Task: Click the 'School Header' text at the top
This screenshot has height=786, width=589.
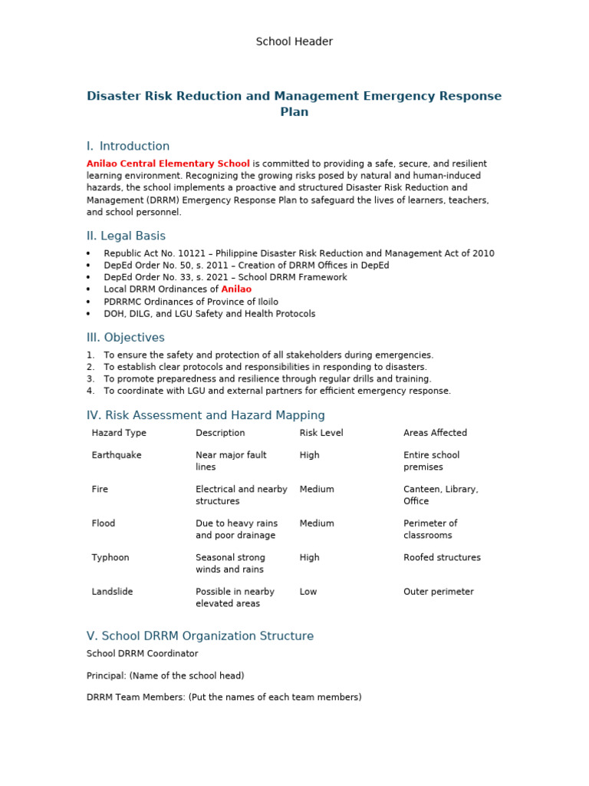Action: pyautogui.click(x=294, y=41)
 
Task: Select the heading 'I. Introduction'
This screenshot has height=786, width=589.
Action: pyautogui.click(x=128, y=146)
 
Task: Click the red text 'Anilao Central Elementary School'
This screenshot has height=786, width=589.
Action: pyautogui.click(x=168, y=163)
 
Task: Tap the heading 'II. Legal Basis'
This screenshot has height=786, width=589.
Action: pyautogui.click(x=126, y=236)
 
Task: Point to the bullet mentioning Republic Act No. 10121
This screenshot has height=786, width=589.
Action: pyautogui.click(x=299, y=253)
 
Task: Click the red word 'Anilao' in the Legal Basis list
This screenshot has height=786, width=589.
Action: pyautogui.click(x=236, y=289)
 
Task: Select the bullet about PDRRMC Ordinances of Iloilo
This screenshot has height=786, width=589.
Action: pyautogui.click(x=191, y=302)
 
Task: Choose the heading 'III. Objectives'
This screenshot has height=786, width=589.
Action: pyautogui.click(x=126, y=337)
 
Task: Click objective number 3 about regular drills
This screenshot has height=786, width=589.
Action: pyautogui.click(x=268, y=378)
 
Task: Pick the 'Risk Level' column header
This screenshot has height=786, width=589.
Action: pyautogui.click(x=321, y=433)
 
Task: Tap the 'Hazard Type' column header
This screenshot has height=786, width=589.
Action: pyautogui.click(x=119, y=433)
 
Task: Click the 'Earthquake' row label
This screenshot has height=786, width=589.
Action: pyautogui.click(x=117, y=455)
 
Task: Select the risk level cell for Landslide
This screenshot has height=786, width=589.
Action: pyautogui.click(x=308, y=592)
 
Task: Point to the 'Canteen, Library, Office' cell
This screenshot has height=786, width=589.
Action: pyautogui.click(x=440, y=495)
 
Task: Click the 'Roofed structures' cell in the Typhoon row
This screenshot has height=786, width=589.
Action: pyautogui.click(x=442, y=557)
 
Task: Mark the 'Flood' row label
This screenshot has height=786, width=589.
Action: pyautogui.click(x=104, y=523)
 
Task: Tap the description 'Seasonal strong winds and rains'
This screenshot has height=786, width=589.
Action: pyautogui.click(x=230, y=563)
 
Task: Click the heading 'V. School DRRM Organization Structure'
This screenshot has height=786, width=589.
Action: pyautogui.click(x=200, y=636)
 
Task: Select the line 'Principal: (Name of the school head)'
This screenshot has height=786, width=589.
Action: pyautogui.click(x=166, y=675)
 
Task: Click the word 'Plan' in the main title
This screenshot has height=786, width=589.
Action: pyautogui.click(x=294, y=112)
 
